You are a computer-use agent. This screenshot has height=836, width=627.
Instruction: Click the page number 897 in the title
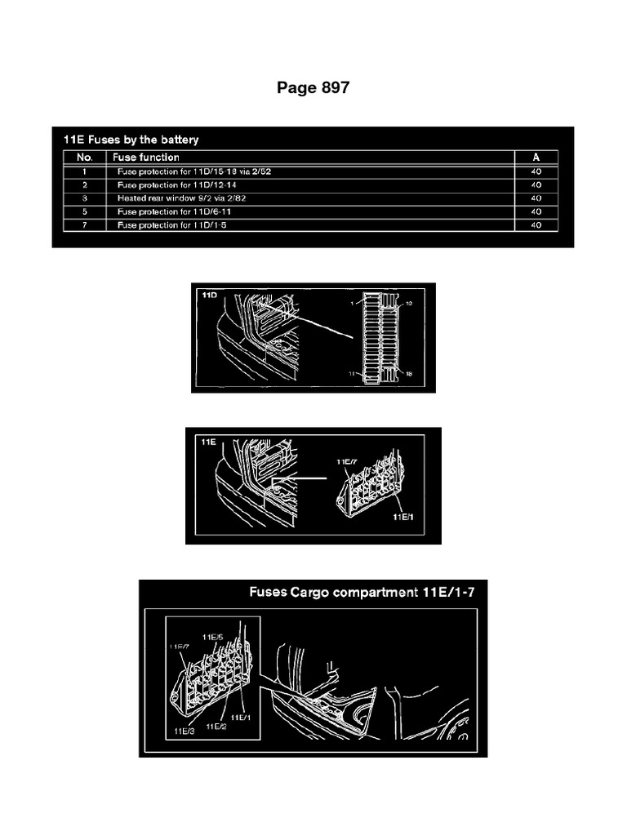tap(333, 88)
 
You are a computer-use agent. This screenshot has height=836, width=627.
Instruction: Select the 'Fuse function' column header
tap(148, 157)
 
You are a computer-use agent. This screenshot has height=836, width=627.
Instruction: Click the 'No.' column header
tap(85, 157)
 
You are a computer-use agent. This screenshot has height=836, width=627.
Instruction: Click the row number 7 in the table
tap(85, 225)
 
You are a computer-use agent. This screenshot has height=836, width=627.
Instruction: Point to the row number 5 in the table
tap(85, 211)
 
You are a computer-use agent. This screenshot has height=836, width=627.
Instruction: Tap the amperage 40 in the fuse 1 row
tap(536, 172)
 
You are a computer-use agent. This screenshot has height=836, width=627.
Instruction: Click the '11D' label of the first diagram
tap(208, 294)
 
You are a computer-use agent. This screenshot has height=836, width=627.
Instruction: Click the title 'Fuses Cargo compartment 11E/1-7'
tap(362, 592)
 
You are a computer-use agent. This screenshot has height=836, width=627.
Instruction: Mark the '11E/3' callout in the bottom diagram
tap(184, 731)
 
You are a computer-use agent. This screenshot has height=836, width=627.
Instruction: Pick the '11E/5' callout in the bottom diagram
tap(212, 636)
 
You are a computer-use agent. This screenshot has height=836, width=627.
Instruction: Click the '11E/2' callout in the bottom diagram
tap(216, 725)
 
